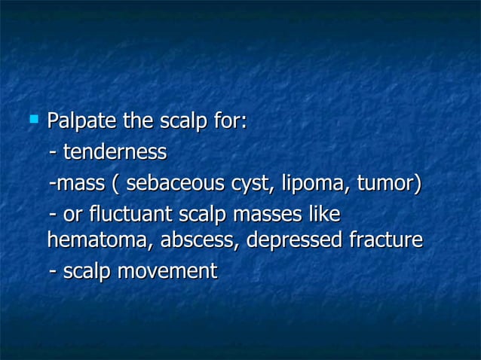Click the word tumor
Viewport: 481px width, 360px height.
[x=388, y=182]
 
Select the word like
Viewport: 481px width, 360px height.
[x=324, y=214]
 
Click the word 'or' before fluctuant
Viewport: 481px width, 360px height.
[x=73, y=214]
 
